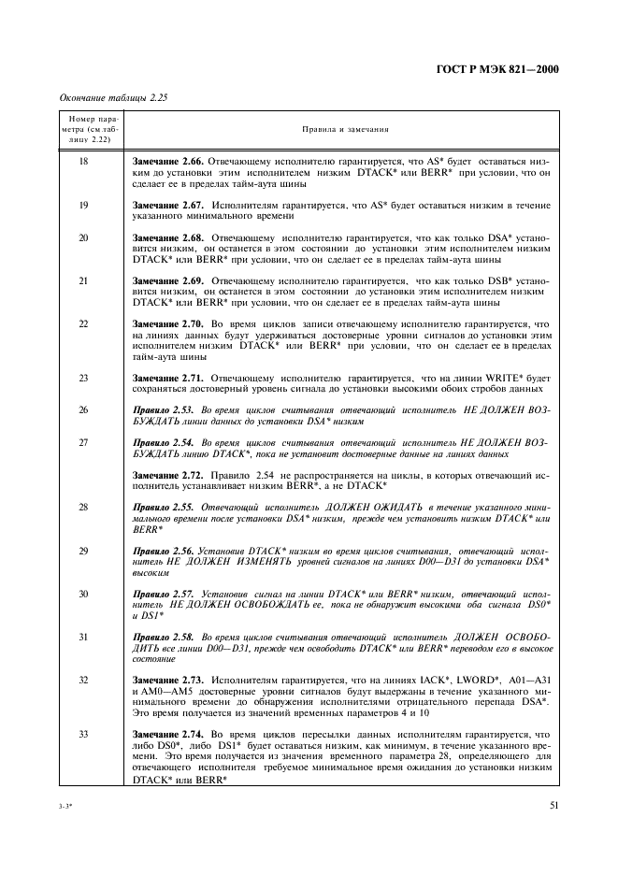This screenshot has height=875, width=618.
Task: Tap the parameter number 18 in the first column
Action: pos(83,162)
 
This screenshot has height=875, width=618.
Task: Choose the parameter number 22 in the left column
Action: pos(83,323)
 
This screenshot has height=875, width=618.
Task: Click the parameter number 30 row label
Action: pos(83,594)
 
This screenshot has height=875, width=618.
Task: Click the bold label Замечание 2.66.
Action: pos(168,162)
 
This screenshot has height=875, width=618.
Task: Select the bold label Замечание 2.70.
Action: pos(168,323)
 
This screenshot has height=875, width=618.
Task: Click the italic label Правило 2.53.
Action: pos(165,410)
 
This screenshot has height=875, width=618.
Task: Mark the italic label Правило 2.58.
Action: pos(165,638)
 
